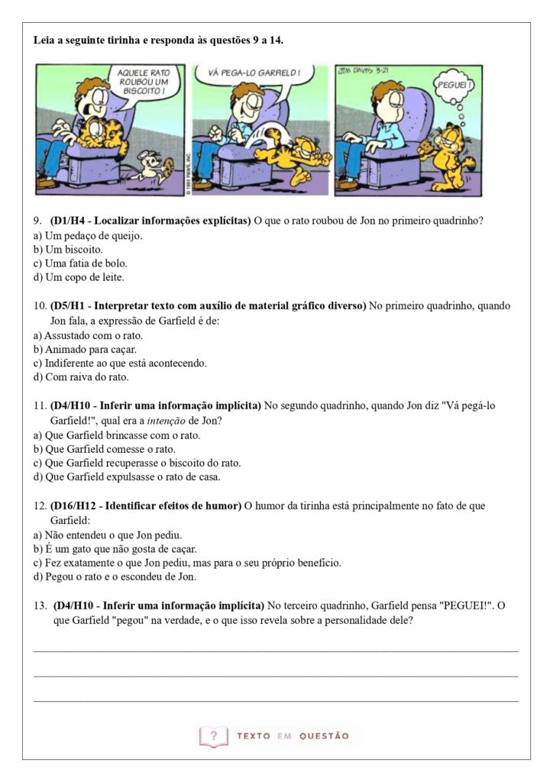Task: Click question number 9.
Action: click(37, 221)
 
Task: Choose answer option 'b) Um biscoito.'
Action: click(68, 249)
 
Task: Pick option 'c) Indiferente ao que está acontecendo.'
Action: click(120, 363)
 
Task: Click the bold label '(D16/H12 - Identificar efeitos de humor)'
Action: click(146, 506)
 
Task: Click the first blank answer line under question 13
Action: click(276, 651)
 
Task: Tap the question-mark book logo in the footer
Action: click(213, 736)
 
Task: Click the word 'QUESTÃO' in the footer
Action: click(324, 736)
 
